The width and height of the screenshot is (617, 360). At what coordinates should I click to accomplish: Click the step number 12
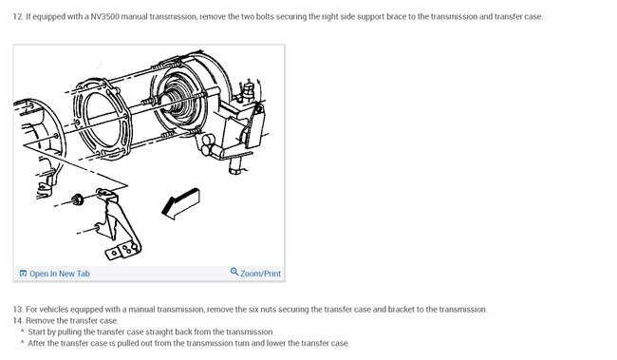18,16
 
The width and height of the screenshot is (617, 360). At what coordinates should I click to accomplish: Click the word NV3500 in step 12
104,16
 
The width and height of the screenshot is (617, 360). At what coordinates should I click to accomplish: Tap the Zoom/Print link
260,274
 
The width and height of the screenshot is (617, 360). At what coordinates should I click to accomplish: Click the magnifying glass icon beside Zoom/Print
234,272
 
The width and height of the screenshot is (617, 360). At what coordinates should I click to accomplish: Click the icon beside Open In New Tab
23,274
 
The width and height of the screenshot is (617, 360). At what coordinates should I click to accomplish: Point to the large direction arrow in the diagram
180,203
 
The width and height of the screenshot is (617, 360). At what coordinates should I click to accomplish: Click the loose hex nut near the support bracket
78,199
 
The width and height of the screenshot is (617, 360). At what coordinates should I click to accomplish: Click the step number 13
18,310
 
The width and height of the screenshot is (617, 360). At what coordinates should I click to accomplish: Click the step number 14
18,321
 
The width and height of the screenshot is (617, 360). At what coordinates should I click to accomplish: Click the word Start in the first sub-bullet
35,332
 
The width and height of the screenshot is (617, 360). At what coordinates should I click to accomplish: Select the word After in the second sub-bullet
36,344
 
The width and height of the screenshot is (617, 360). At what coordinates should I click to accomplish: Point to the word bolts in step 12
265,16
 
